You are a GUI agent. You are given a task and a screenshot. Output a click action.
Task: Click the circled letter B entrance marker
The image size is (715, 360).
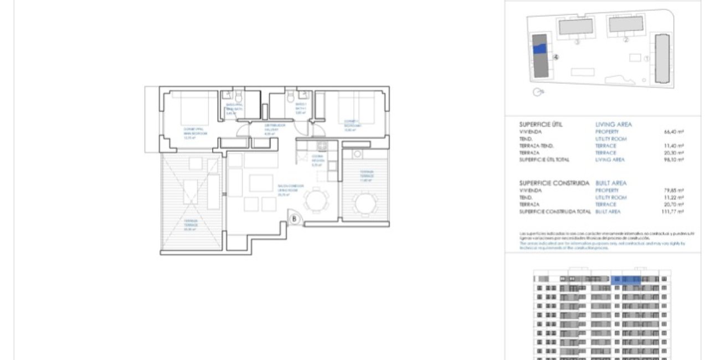coord(295,219)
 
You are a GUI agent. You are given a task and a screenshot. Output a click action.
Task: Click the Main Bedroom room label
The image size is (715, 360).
coord(196,133)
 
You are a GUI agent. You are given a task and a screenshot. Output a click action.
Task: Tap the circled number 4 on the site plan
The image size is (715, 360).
coord(555,56)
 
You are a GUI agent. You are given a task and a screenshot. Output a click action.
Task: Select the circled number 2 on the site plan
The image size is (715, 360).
coord(626,39)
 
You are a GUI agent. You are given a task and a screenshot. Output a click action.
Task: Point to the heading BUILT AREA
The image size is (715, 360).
coord(611,183)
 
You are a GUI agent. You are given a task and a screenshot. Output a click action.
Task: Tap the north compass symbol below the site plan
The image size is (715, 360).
coord(536,92)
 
